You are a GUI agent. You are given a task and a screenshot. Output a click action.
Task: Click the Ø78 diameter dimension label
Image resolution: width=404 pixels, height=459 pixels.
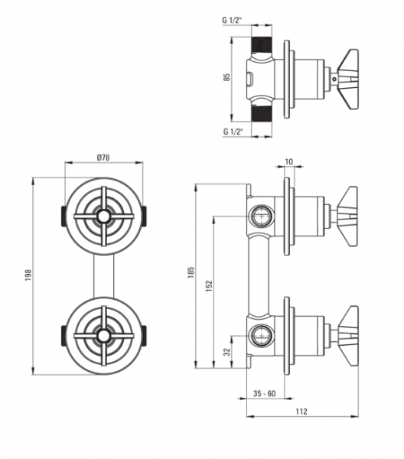[x=103, y=158]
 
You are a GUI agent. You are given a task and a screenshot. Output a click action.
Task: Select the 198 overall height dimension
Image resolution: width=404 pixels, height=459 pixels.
[x=28, y=275]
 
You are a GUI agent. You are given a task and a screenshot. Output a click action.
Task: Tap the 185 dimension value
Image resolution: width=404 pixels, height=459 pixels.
[x=191, y=272]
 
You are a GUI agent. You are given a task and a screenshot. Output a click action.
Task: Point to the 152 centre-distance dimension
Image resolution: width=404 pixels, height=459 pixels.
[x=209, y=286]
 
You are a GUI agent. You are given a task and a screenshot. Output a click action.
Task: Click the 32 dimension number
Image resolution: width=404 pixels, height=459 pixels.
[x=227, y=352]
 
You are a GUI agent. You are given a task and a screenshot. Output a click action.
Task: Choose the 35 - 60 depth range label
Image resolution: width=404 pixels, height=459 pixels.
[x=264, y=393]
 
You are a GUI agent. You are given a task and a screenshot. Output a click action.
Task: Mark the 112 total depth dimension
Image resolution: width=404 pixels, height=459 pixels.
[x=301, y=412]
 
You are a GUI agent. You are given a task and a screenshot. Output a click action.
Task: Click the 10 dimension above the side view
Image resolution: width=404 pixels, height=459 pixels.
[x=288, y=161]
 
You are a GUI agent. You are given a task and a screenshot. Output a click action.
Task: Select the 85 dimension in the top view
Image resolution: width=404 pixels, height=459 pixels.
[x=227, y=77]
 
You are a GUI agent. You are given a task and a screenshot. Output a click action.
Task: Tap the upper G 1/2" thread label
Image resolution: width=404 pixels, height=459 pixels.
[x=233, y=20]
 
